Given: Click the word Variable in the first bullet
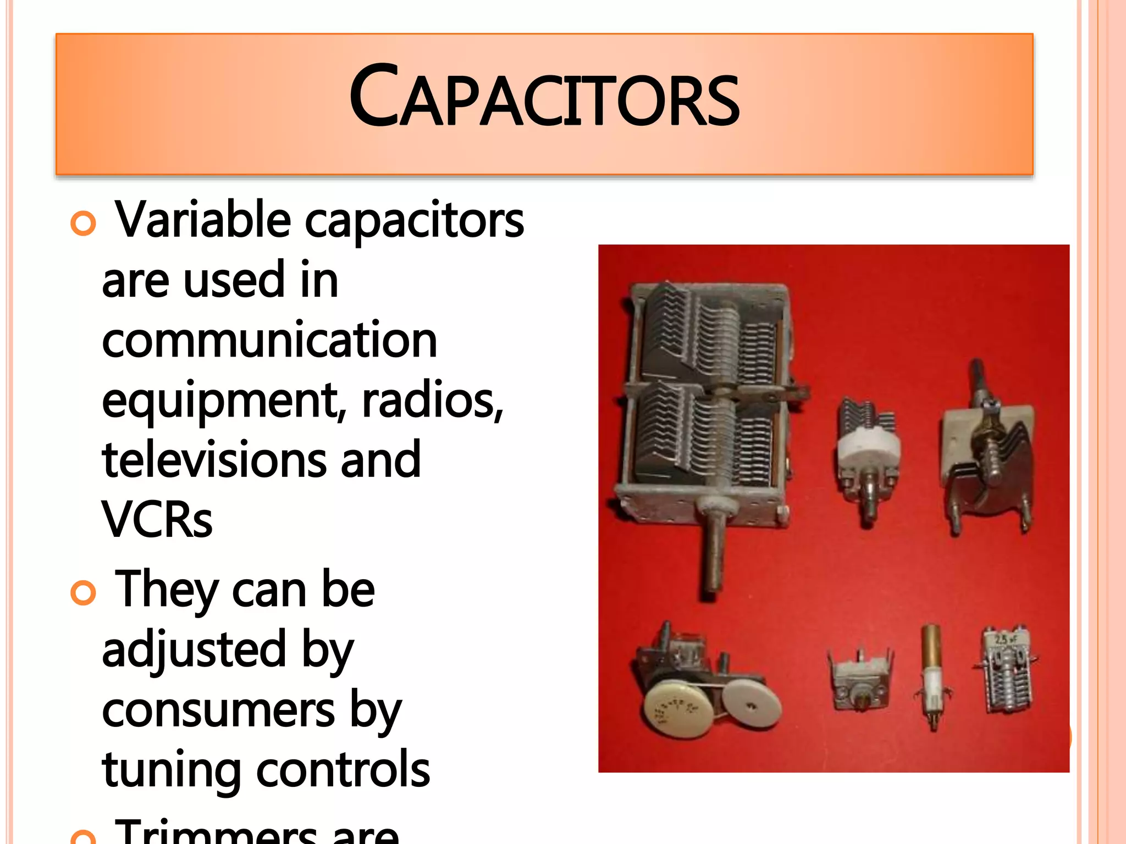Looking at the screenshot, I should coord(203,220).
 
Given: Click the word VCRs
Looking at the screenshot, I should coord(157,520).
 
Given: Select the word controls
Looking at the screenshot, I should coord(343,769).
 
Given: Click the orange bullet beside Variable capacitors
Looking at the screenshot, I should coord(84,224).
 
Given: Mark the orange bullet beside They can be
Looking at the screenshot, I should coord(84,593).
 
